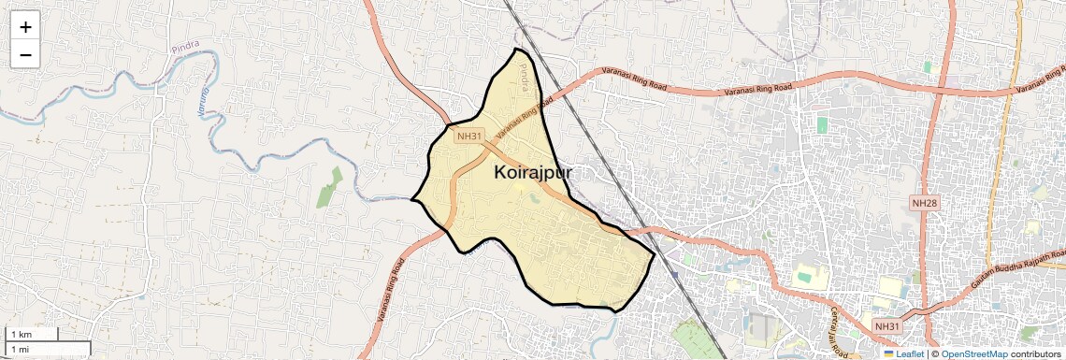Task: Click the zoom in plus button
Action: tap(25, 27)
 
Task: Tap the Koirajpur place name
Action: tap(533, 173)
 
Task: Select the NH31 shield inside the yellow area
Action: tap(468, 137)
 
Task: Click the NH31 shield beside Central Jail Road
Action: tap(887, 325)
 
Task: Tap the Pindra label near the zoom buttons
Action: tap(185, 46)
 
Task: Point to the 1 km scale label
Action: tap(21, 334)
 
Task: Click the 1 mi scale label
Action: tap(20, 349)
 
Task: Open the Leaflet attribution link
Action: tap(909, 353)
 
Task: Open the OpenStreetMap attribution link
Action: tap(973, 353)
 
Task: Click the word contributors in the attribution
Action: tap(1035, 353)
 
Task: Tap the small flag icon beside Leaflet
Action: tap(889, 353)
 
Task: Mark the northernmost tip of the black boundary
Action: tap(515, 48)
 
